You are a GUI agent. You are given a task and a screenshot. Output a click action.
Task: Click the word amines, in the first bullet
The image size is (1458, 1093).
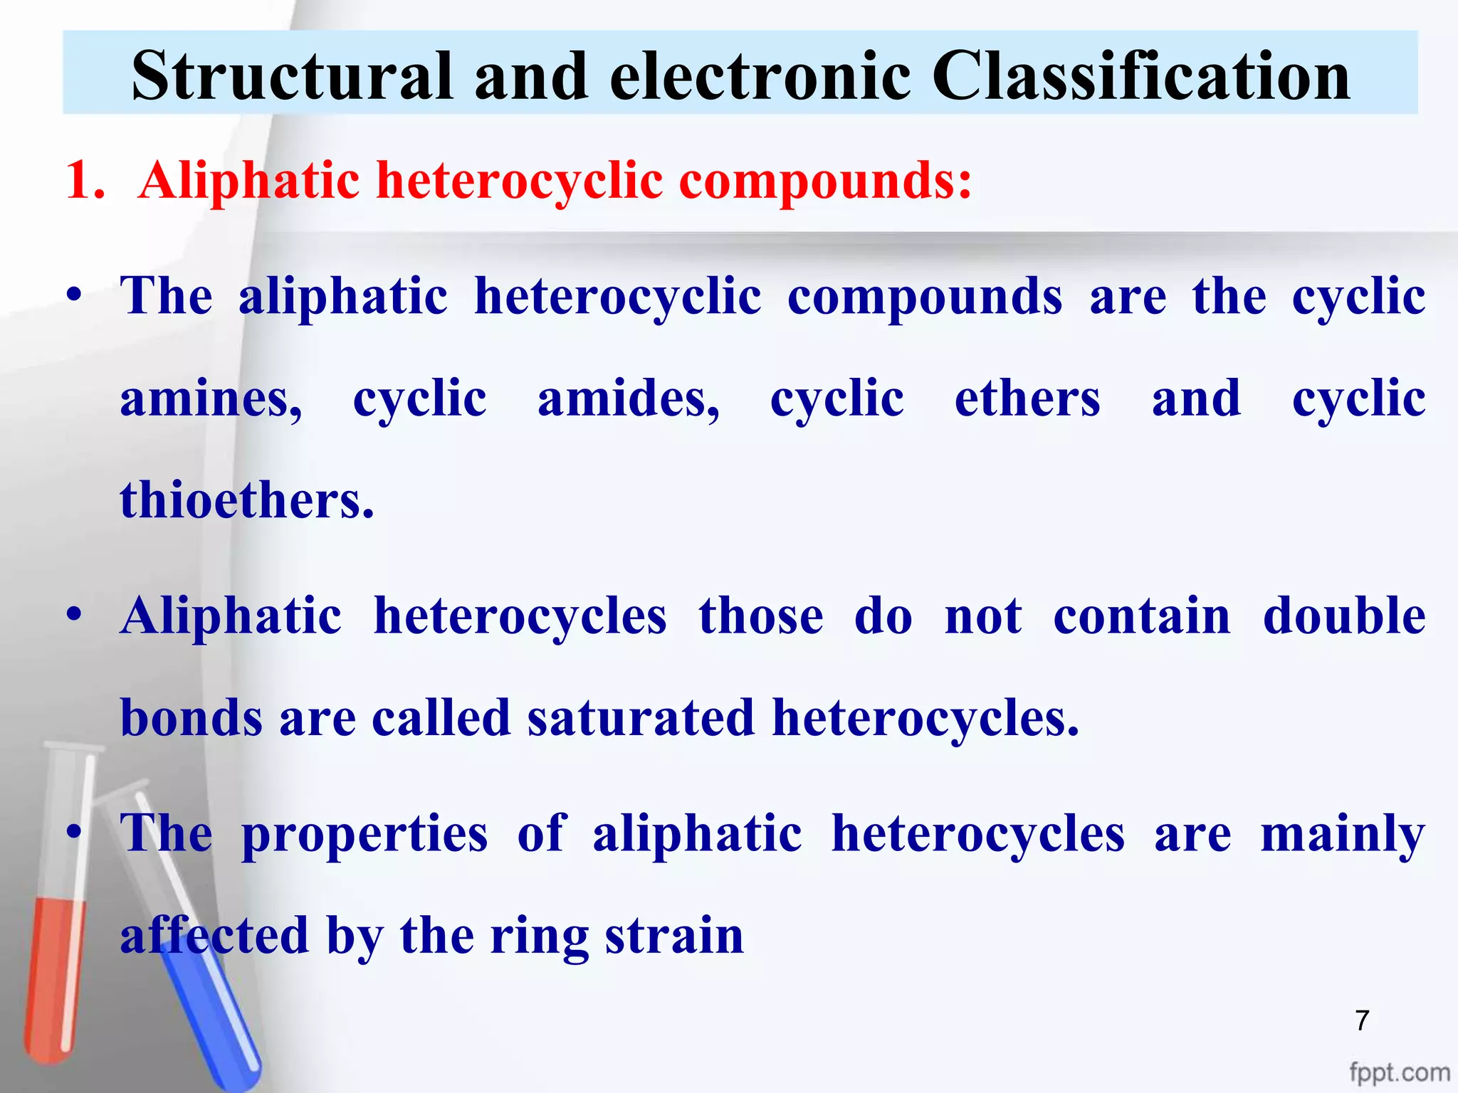211,400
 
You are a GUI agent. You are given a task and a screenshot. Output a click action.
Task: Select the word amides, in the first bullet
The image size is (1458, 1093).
629,400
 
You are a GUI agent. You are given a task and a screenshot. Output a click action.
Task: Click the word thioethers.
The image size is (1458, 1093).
247,500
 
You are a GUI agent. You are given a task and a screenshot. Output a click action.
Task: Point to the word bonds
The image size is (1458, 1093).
191,717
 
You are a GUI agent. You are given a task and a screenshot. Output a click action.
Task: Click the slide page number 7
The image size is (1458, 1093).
1362,1020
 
